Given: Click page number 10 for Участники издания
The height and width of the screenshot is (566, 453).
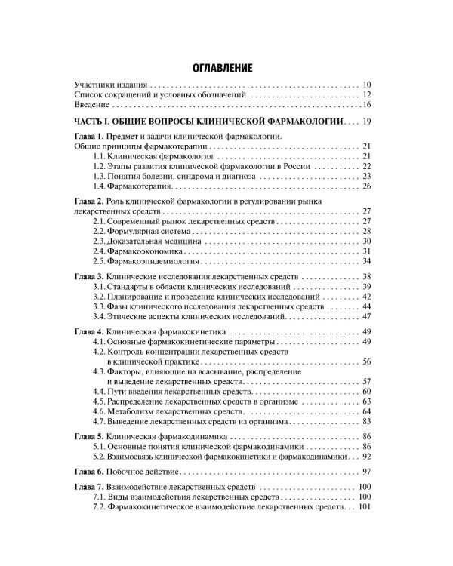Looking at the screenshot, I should (x=367, y=85).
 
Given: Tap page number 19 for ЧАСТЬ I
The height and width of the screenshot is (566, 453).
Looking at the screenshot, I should (x=367, y=122).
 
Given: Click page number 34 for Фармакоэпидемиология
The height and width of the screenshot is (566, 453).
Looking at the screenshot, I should (x=367, y=261).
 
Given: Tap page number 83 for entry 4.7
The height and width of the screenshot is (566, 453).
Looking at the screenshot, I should (x=367, y=423).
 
